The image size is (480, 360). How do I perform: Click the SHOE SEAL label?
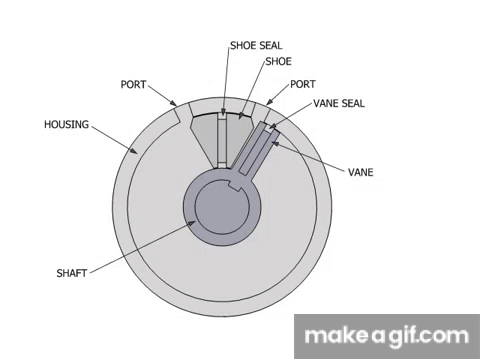(x=257, y=45)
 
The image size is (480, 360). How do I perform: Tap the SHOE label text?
(x=279, y=61)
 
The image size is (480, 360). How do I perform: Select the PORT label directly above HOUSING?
(x=135, y=84)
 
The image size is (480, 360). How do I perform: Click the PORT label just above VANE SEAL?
(x=304, y=84)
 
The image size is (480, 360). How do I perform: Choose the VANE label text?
(x=361, y=172)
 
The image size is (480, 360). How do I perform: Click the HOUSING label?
(x=67, y=125)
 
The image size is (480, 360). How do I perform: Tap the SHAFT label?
(x=73, y=271)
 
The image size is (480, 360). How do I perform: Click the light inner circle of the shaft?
(x=221, y=209)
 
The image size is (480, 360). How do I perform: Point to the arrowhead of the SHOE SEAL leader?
(x=224, y=114)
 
